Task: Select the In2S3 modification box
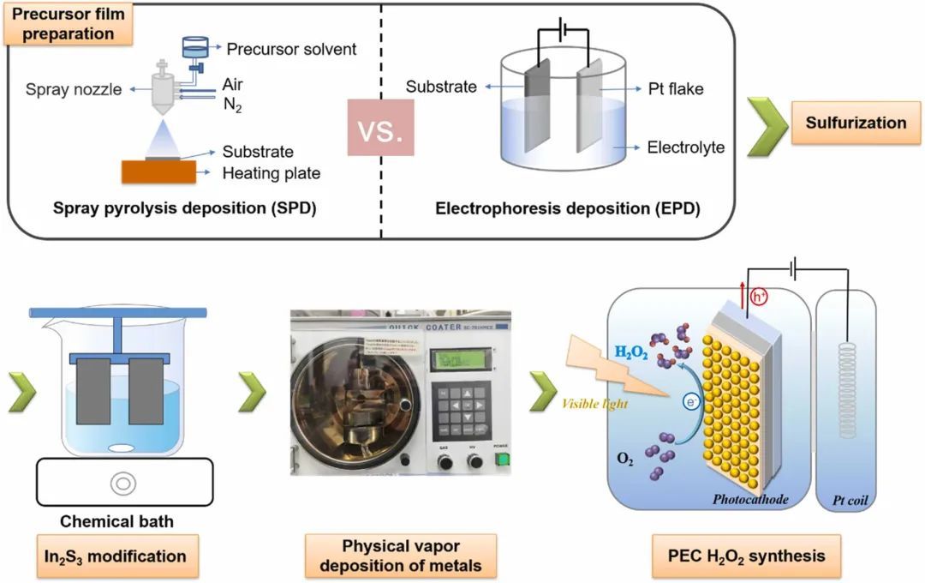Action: (x=116, y=556)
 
